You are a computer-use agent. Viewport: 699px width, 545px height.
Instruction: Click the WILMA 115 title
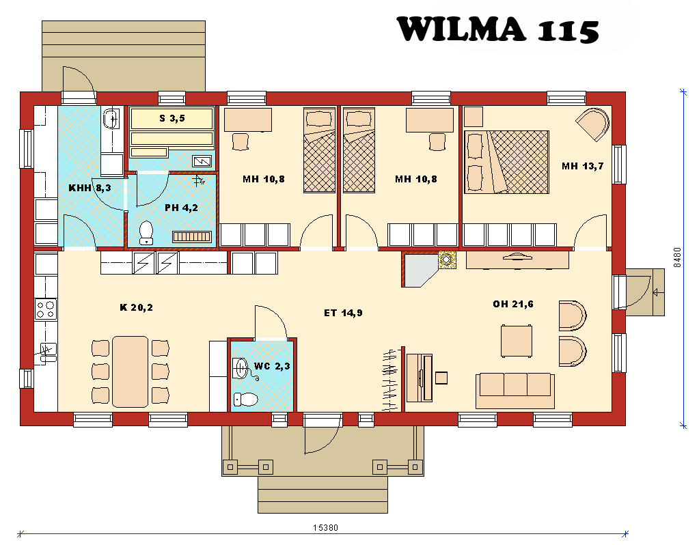tap(497, 29)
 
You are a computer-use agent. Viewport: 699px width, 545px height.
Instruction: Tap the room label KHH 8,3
tap(90, 188)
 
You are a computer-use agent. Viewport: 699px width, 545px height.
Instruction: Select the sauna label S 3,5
tap(172, 118)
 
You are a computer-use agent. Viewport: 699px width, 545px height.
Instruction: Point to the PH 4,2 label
tap(182, 208)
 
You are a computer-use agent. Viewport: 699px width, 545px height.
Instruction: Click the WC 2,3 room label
tap(272, 366)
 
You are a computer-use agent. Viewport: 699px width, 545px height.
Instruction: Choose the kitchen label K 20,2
tap(137, 307)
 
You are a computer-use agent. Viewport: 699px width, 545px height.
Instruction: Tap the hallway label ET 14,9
tap(343, 313)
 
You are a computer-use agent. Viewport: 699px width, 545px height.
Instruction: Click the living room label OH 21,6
tap(513, 304)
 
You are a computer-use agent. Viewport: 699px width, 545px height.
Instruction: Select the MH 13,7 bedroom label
tap(583, 166)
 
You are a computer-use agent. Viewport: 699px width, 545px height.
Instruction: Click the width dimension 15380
tap(325, 528)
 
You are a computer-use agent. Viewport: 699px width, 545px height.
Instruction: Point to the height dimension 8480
tap(678, 257)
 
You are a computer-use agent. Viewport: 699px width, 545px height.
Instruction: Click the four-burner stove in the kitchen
tap(46, 309)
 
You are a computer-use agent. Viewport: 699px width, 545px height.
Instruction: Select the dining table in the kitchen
tap(131, 372)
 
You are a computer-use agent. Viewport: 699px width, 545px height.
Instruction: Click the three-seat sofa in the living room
tap(515, 391)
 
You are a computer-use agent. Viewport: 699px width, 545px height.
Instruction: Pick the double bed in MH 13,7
tap(506, 162)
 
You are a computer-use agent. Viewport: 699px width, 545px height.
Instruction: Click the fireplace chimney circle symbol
tap(447, 260)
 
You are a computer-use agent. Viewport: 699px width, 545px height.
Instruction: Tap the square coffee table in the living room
tap(517, 341)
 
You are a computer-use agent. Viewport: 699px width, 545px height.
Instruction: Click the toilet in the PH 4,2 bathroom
tap(146, 233)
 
